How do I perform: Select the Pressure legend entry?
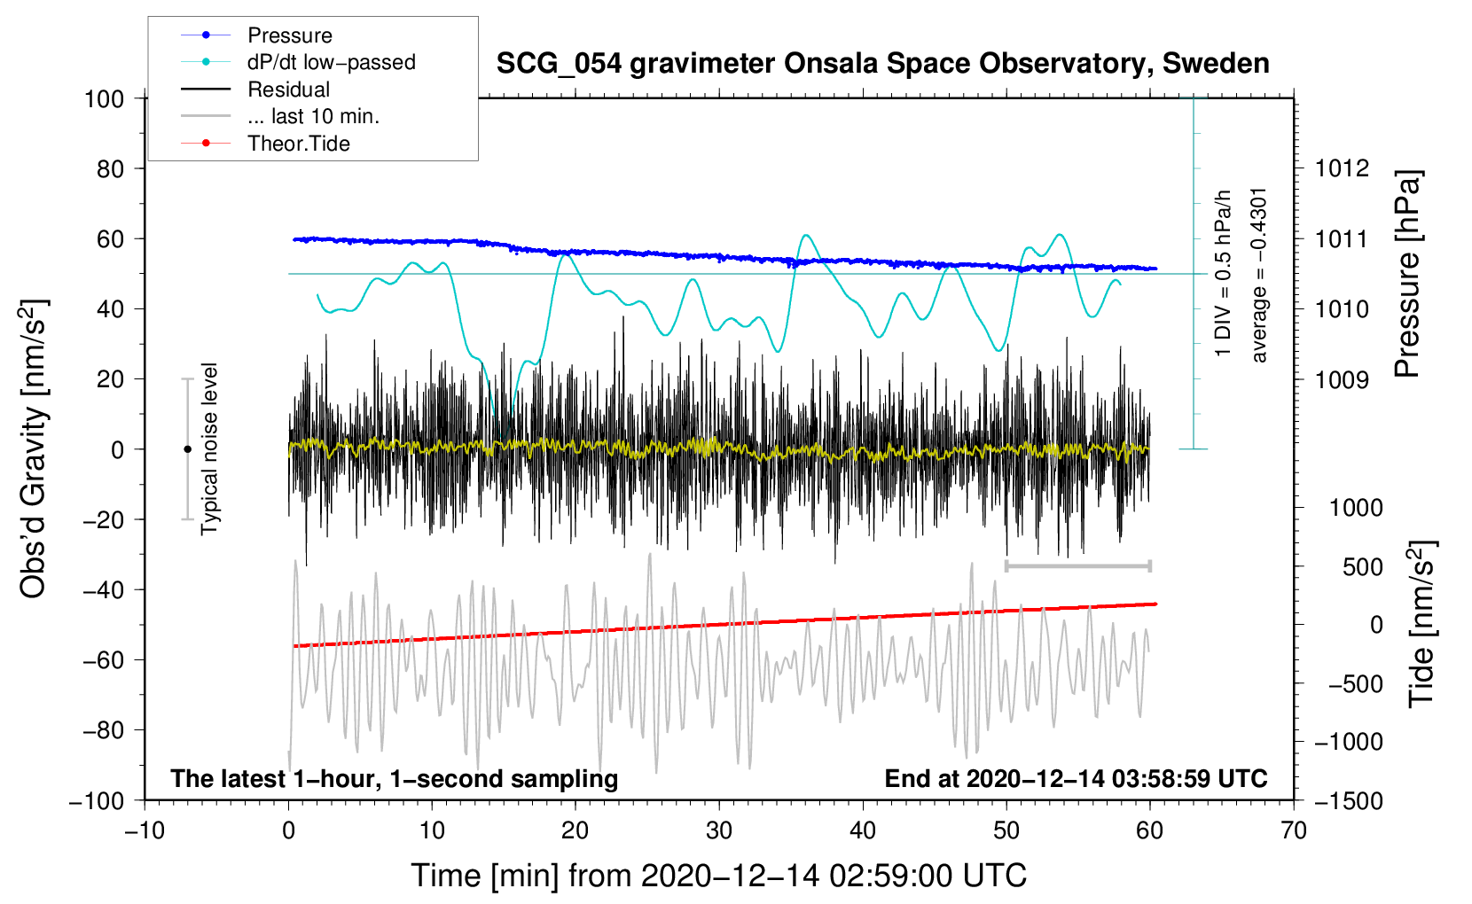click(256, 35)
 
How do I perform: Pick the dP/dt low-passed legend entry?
click(298, 62)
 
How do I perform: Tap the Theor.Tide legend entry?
click(265, 144)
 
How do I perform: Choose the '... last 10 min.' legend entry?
click(280, 116)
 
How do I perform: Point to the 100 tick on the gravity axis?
click(105, 99)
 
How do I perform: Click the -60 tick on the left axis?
click(103, 659)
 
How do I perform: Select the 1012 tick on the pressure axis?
click(1342, 169)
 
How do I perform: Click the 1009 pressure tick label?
click(1342, 379)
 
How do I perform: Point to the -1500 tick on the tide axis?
click(1349, 801)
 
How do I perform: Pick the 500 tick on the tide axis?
click(1362, 567)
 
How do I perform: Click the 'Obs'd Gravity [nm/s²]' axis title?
click(34, 448)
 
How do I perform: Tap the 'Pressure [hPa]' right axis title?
click(1407, 274)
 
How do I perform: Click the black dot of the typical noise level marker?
click(187, 449)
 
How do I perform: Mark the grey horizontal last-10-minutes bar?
click(1077, 565)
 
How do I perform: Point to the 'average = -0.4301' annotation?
click(1258, 276)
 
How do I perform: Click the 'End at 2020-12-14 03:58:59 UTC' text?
click(1076, 778)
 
